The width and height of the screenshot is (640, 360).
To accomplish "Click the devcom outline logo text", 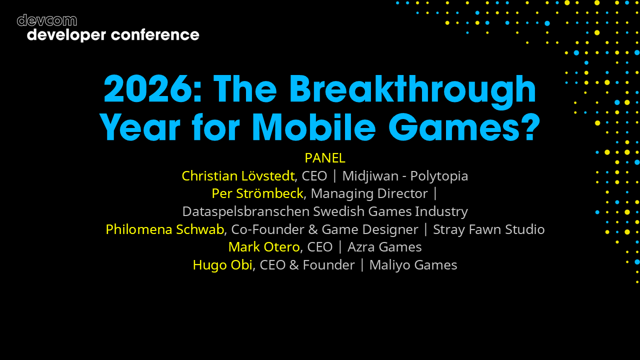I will coord(46,20).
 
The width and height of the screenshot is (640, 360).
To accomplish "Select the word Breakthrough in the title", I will coord(413,90).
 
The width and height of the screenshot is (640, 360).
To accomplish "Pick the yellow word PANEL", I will coord(325,158).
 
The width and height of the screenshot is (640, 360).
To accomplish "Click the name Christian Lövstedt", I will coord(238,176).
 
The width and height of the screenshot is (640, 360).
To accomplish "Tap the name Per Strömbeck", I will coord(257,193).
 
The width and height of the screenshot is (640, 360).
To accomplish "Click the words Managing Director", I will coord(369,193).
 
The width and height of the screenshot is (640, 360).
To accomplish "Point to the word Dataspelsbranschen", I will coord(245,211).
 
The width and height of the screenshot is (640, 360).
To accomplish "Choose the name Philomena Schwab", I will coord(164,229).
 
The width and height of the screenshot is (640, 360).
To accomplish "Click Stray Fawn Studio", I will coord(488,229).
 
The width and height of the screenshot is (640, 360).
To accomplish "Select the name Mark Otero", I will coord(263,247).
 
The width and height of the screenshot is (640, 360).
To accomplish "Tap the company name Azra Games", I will coord(384,247).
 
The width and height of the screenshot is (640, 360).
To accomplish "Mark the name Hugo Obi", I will coord(222,265).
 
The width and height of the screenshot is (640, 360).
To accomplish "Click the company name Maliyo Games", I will coord(413,265).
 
